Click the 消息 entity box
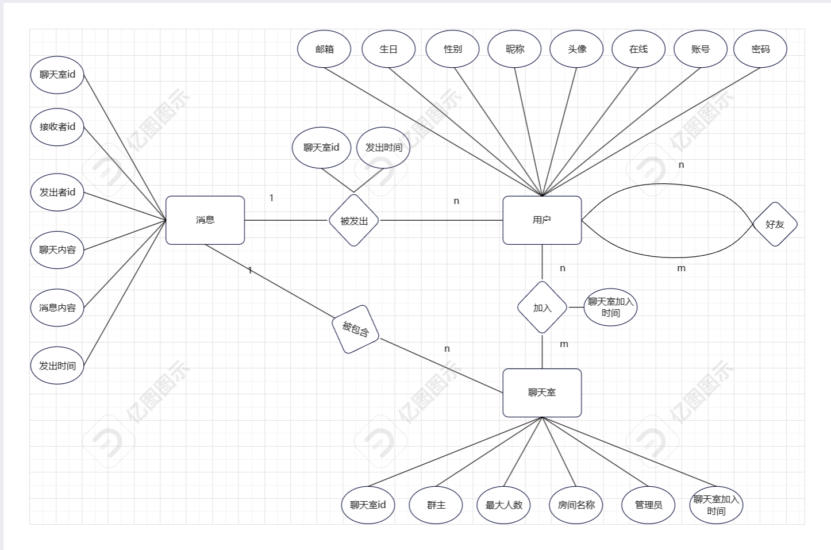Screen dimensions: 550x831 point(205,220)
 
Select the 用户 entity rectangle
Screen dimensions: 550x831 point(542,220)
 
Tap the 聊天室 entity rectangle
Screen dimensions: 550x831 point(542,393)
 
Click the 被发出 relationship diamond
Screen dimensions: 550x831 point(353,220)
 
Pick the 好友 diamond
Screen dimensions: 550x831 point(775,224)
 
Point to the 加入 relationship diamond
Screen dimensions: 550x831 point(542,307)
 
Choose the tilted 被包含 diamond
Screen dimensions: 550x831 point(356,329)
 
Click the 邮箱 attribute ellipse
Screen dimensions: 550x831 point(325,49)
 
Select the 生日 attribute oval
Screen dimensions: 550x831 point(388,49)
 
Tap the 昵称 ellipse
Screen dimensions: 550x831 point(515,49)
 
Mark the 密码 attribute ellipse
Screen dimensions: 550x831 point(760,49)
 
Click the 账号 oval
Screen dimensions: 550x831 point(701,49)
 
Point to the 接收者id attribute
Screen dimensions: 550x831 point(57,127)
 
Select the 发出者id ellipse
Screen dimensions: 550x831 point(57,193)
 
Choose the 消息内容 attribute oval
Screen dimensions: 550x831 point(57,308)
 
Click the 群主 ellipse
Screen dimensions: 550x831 point(436,505)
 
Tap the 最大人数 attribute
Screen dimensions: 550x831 point(504,505)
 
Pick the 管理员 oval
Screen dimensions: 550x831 point(648,505)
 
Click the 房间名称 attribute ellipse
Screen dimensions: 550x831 point(576,505)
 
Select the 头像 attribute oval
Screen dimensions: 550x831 point(577,49)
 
